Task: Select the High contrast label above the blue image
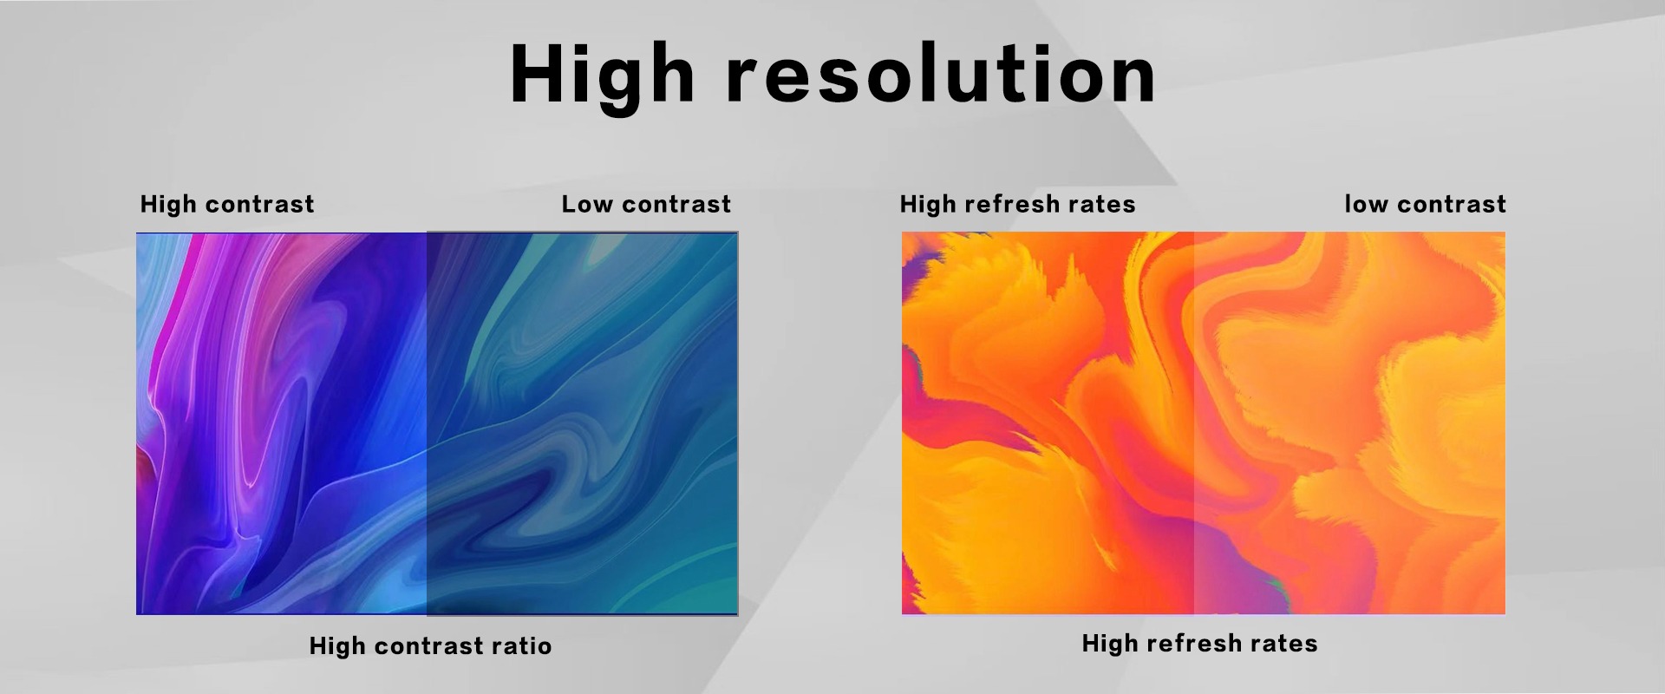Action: click(227, 204)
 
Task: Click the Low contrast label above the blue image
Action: click(646, 204)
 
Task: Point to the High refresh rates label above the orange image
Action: click(1017, 204)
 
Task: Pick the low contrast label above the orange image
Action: click(1425, 204)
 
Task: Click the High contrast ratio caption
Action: click(430, 645)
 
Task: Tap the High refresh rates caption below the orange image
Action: click(1199, 643)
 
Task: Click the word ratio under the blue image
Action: click(521, 645)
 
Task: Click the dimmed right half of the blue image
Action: click(582, 423)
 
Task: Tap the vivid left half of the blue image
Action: click(282, 423)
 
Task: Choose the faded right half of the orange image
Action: click(1349, 423)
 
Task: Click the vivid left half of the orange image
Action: click(1048, 423)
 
